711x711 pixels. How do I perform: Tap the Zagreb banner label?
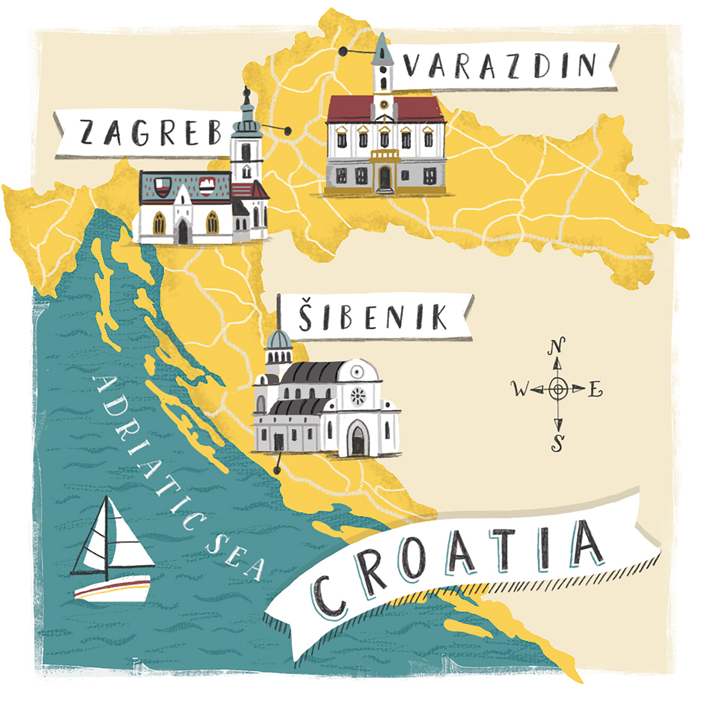point(148,132)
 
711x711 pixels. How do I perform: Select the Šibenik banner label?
point(372,317)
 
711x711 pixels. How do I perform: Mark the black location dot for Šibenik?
point(276,470)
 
